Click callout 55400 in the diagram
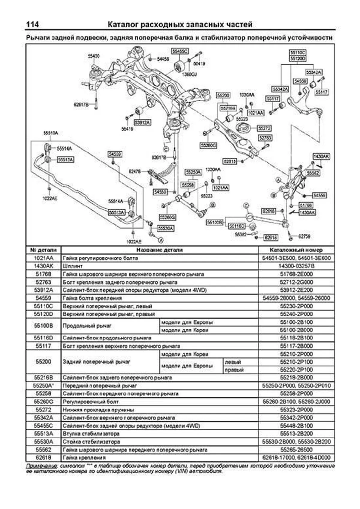tap(94, 56)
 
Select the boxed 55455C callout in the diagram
tap(180, 51)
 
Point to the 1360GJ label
tap(189, 75)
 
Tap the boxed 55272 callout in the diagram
tap(265, 128)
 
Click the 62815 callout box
tap(230, 161)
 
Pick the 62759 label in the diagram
tap(304, 236)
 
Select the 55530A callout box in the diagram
tap(166, 229)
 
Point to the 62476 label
tap(135, 172)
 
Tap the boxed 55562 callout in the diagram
tap(313, 173)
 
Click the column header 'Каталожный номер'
tap(296, 250)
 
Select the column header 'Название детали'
tap(159, 250)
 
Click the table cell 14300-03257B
tap(296, 266)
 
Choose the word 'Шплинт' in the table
tap(73, 266)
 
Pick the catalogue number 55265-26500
tap(296, 450)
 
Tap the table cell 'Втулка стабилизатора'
tap(91, 434)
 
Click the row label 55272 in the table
tap(43, 410)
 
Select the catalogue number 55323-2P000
tap(296, 410)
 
